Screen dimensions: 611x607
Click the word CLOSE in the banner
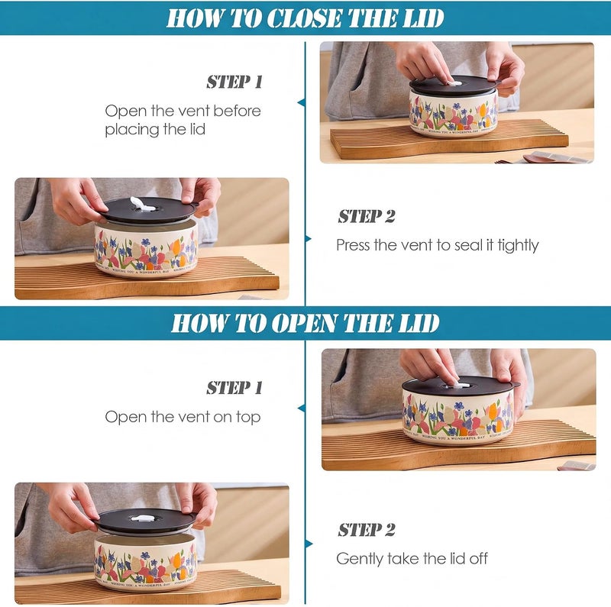305,18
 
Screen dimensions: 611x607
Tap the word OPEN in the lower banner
304,324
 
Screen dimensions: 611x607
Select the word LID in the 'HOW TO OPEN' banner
421,324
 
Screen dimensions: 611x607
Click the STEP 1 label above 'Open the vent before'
234,82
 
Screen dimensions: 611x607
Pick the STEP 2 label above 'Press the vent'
367,216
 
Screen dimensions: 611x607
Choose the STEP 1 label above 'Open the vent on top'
234,388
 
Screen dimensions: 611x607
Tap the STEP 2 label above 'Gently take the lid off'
367,530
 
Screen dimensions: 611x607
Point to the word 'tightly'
519,246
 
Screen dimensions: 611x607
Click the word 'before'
237,111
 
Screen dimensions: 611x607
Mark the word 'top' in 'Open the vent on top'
248,418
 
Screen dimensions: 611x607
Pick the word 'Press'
353,245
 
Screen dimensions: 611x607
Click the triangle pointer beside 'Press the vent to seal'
309,239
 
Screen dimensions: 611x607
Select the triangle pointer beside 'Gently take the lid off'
309,544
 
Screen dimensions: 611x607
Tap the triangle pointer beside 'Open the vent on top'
301,408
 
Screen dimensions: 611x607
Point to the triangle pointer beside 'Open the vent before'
301,102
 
